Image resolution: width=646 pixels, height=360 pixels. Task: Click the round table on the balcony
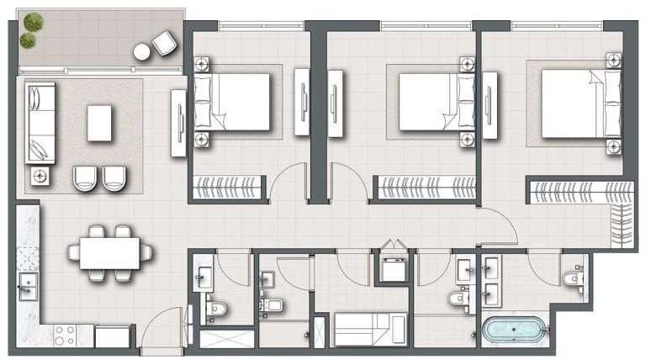[141, 52]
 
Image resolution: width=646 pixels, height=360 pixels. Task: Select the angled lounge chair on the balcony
[164, 42]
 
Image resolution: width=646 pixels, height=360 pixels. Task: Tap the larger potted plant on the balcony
[33, 22]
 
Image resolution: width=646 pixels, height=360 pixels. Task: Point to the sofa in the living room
[40, 123]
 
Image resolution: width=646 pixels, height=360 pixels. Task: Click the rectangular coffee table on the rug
[99, 123]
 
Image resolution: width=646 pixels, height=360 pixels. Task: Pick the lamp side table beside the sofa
[40, 176]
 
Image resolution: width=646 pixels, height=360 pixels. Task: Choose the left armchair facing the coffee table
[85, 177]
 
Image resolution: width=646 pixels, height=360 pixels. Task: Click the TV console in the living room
[178, 123]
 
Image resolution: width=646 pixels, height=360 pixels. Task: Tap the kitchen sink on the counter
[28, 287]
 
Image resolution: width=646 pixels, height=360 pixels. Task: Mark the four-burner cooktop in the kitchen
[64, 335]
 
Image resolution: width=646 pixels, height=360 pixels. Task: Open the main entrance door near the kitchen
[161, 332]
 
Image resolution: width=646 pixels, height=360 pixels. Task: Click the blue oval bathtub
[515, 329]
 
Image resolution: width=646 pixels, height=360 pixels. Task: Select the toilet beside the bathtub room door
[572, 279]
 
